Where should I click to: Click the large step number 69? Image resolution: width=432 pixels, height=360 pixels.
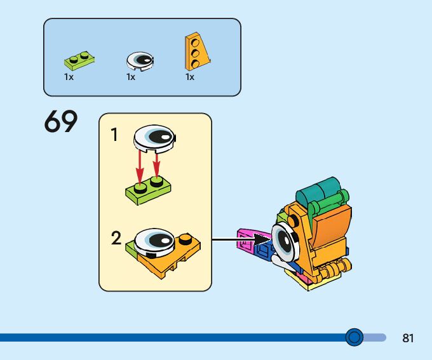tap(60, 122)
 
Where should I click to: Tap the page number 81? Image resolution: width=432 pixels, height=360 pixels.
tap(408, 338)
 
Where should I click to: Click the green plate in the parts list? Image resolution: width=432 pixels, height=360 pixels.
tap(79, 62)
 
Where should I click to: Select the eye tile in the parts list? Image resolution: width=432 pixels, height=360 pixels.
tap(140, 60)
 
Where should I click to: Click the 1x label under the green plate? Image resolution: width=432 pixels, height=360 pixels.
tap(69, 76)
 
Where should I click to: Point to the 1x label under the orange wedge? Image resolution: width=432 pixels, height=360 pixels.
tap(190, 76)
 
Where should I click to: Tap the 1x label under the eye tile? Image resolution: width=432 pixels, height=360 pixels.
tap(131, 76)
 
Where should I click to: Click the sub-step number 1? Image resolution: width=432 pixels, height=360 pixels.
tap(114, 135)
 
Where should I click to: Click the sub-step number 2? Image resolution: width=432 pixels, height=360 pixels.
tap(116, 239)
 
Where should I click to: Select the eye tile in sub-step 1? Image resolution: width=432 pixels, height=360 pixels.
tap(156, 137)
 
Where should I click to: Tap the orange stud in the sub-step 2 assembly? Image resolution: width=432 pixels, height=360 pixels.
tap(186, 239)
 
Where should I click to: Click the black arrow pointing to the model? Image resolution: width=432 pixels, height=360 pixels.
tap(241, 240)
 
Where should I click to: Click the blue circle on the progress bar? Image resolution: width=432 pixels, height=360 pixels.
tap(354, 337)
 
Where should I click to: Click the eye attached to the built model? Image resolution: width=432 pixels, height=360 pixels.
tap(284, 243)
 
